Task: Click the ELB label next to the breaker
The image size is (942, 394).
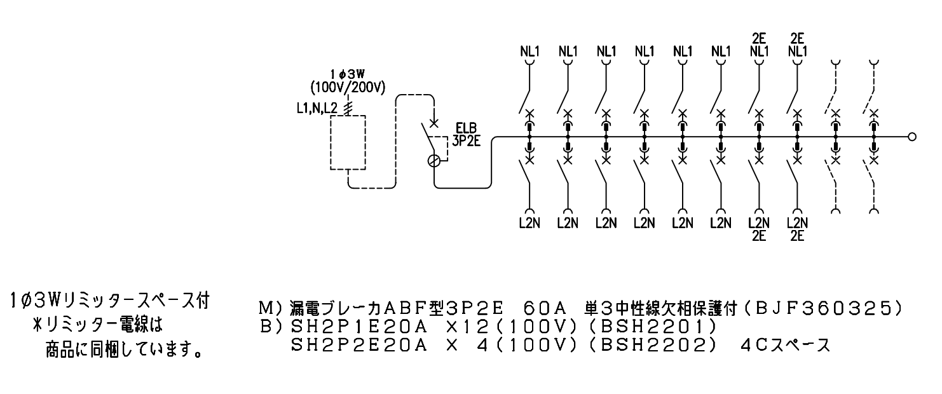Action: tap(467, 128)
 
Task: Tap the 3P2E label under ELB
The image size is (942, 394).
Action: tap(467, 141)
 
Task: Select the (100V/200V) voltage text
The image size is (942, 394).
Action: tap(348, 88)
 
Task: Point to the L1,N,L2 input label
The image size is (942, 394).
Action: tap(317, 109)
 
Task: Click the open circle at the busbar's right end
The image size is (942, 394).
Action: tap(911, 137)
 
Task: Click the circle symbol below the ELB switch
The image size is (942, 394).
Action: tap(434, 161)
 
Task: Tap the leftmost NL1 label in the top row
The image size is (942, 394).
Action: tap(530, 51)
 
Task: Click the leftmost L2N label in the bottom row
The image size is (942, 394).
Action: tap(530, 223)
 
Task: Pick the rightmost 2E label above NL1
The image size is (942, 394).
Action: tap(797, 39)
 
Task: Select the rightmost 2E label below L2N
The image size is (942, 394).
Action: tap(797, 236)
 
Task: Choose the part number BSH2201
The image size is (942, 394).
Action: tap(658, 327)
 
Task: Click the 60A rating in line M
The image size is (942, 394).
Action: tap(545, 309)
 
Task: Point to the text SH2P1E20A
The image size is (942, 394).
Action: tap(359, 327)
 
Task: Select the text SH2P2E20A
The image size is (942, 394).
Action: tap(359, 345)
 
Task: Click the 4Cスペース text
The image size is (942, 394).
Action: tap(786, 345)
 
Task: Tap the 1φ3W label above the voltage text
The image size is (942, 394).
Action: tap(347, 74)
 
